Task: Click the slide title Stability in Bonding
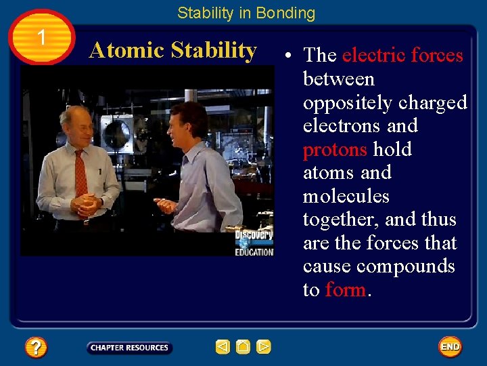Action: coord(246,13)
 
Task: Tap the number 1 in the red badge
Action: coord(42,38)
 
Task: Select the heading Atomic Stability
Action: coord(173,50)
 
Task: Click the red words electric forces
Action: coord(402,55)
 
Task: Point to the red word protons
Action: coord(334,149)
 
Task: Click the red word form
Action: coord(345,289)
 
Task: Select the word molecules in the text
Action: coord(346,196)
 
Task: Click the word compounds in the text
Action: coord(406,266)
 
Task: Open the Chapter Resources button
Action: coord(129,348)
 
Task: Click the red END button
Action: coord(450,347)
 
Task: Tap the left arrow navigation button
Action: coord(223,348)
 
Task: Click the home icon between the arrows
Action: coord(243,348)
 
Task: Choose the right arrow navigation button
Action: coord(264,348)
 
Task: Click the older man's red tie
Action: coord(81,172)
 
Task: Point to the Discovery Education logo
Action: coord(254,243)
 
